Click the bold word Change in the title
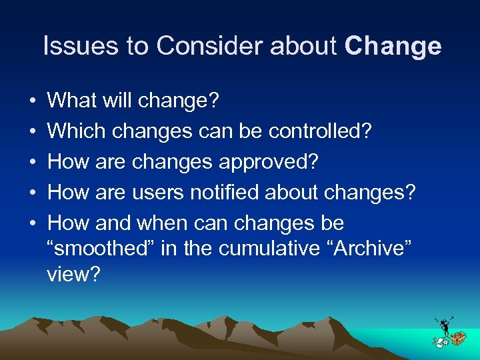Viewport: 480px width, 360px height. click(x=393, y=47)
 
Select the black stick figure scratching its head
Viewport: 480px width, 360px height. click(x=443, y=327)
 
